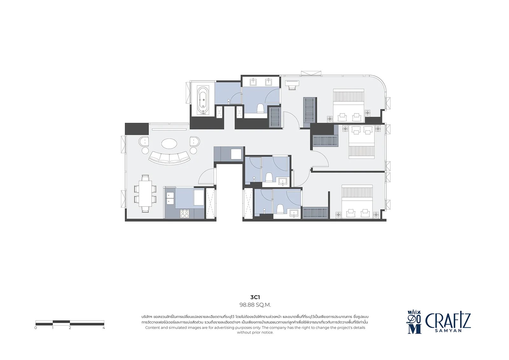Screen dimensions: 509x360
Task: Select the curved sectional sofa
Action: coord(169,158)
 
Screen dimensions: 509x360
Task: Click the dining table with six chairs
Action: coord(145,193)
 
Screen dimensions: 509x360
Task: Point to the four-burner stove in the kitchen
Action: coord(185,213)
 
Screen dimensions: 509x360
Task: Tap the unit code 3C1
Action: coord(255,297)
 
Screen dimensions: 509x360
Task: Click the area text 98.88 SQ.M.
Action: coord(255,305)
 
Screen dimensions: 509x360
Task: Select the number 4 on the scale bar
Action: coord(104,328)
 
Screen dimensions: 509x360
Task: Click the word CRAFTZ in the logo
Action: coord(448,321)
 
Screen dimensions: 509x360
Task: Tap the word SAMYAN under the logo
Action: coord(448,331)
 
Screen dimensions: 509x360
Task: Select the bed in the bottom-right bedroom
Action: coord(357,201)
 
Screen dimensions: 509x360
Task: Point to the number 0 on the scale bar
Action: coord(36,328)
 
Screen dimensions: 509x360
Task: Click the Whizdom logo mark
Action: coord(415,322)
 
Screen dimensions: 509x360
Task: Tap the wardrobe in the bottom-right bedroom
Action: coord(315,212)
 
